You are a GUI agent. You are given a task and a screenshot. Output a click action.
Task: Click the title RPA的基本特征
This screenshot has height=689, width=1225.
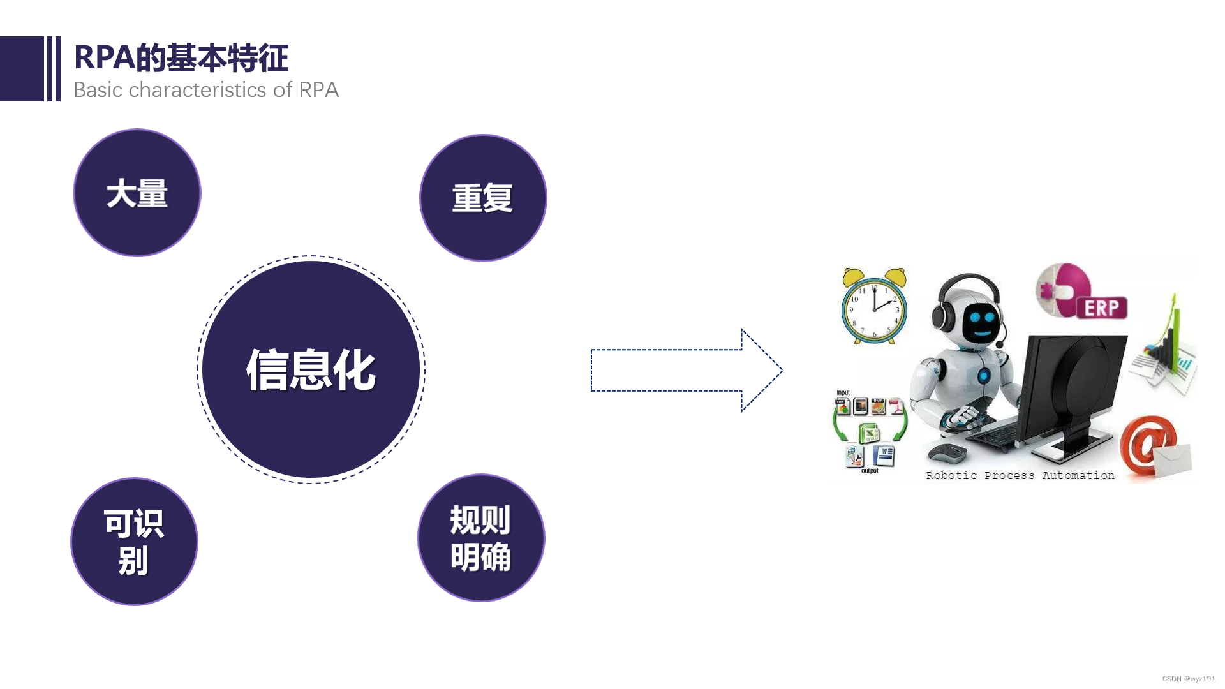coord(181,58)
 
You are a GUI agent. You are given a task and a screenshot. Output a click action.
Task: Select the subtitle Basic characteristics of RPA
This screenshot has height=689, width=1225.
coord(206,90)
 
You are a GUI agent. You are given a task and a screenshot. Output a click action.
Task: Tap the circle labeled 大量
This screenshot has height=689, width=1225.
coord(137,193)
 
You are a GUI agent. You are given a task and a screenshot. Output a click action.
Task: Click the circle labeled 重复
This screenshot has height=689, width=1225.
coord(483,198)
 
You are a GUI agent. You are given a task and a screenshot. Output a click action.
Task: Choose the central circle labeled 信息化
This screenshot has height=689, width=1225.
coord(311,369)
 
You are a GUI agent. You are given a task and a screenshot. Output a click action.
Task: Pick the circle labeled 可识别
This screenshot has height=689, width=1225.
coord(134,542)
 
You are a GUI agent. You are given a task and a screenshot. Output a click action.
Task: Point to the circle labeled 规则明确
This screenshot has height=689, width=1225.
coord(481,538)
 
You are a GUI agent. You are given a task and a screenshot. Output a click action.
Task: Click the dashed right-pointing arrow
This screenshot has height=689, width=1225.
coord(686,370)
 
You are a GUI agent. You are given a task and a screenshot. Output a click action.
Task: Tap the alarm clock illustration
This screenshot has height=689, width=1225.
coord(874,307)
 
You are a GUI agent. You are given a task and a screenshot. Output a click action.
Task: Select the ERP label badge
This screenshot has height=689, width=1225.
coord(1102,308)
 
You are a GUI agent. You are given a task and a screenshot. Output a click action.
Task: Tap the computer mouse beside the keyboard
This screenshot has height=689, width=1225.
coord(947,453)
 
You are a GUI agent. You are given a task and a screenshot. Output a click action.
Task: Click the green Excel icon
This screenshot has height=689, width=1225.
coord(869,434)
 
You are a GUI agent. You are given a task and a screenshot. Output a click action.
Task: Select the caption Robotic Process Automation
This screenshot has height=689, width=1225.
coord(1020,475)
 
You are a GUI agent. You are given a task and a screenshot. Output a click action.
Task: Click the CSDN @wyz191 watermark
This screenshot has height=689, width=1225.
coord(1188,679)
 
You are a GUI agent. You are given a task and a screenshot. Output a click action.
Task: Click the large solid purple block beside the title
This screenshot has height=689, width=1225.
coord(22,69)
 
